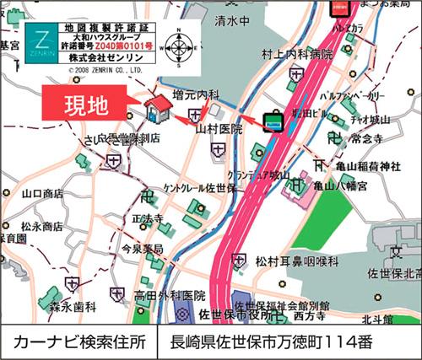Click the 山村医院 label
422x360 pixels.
coord(219,130)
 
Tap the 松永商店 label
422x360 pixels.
coord(42,226)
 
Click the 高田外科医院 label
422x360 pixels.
coord(169,296)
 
